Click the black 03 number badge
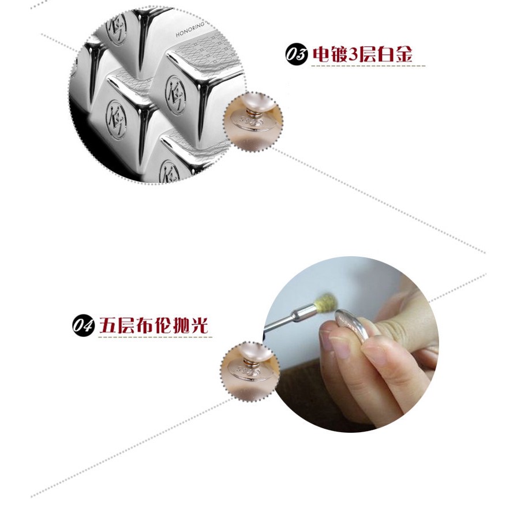pos(296,55)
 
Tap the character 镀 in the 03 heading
pos(340,55)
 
